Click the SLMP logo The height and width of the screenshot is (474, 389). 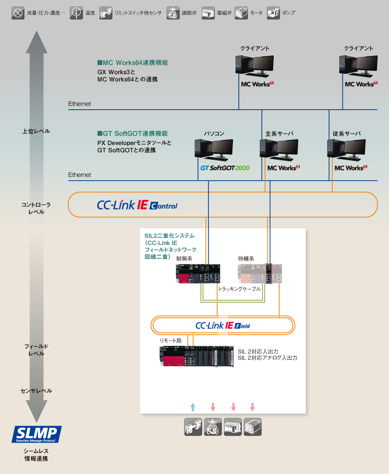pyautogui.click(x=36, y=434)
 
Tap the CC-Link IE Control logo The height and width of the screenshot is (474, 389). pyautogui.click(x=137, y=205)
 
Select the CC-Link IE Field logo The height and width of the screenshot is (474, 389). pyautogui.click(x=223, y=326)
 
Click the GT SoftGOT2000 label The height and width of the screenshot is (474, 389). pyautogui.click(x=225, y=168)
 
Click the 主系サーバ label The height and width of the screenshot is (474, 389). pyautogui.click(x=279, y=134)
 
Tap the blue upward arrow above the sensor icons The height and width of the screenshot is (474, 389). pyautogui.click(x=193, y=406)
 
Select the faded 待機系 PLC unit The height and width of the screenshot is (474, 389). pyautogui.click(x=260, y=274)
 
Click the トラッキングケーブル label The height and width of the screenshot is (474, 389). pyautogui.click(x=239, y=289)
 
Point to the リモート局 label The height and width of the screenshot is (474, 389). pyautogui.click(x=170, y=340)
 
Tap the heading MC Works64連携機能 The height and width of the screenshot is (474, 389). pyautogui.click(x=132, y=63)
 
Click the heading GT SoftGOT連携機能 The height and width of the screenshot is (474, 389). pyautogui.click(x=132, y=134)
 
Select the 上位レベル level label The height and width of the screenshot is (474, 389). pyautogui.click(x=36, y=131)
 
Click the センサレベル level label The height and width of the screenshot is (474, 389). pyautogui.click(x=36, y=391)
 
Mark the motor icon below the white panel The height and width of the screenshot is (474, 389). pyautogui.click(x=252, y=427)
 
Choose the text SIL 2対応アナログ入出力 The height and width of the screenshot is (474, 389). pyautogui.click(x=267, y=358)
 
